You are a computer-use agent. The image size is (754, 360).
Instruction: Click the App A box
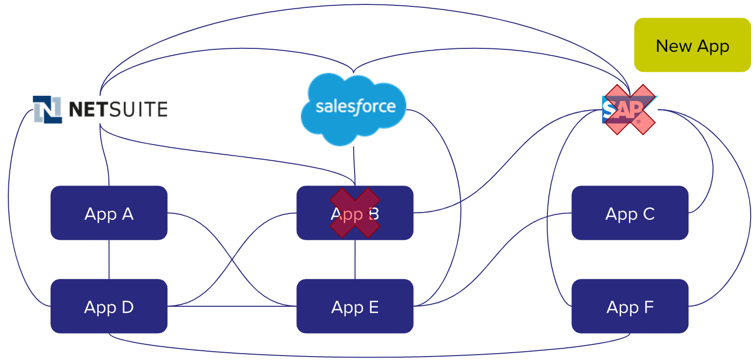(x=109, y=213)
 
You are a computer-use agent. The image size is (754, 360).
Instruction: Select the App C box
(x=629, y=213)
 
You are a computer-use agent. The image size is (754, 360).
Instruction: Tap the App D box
(x=109, y=306)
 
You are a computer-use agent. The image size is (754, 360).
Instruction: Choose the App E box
(x=355, y=306)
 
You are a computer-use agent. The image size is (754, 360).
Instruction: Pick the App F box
(x=629, y=306)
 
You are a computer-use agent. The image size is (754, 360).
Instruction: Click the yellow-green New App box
(x=692, y=45)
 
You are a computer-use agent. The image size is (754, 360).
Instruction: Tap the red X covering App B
(x=355, y=212)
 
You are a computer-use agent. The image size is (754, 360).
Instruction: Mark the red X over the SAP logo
(x=629, y=109)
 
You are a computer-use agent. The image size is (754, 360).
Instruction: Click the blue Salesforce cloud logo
(x=353, y=108)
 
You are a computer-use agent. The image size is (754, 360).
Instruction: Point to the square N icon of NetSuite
(x=47, y=109)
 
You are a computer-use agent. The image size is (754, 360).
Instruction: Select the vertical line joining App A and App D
(x=109, y=259)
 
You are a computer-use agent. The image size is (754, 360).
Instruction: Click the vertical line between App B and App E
(x=355, y=259)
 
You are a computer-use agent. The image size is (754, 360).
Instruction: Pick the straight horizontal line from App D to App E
(x=232, y=306)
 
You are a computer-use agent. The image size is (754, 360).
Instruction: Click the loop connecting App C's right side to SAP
(x=712, y=166)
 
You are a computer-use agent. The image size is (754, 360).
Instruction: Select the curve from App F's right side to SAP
(x=750, y=215)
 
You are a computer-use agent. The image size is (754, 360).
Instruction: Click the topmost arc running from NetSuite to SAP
(x=366, y=5)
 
